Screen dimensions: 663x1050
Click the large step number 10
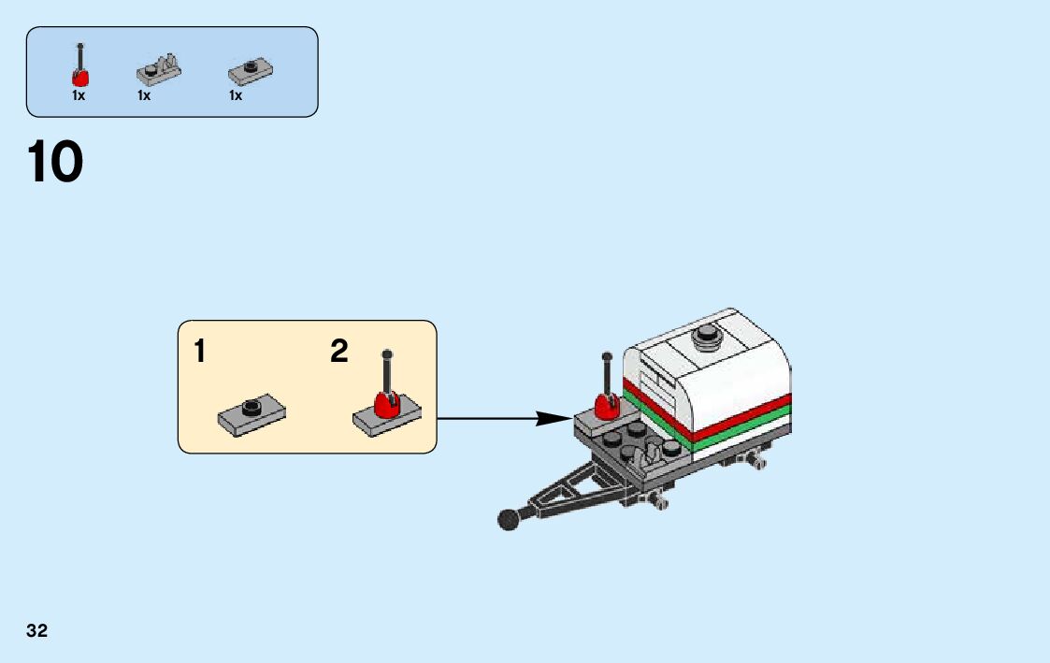point(56,163)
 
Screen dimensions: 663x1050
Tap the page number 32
point(37,630)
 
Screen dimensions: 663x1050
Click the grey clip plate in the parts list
point(159,70)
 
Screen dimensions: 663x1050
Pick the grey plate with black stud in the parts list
point(250,70)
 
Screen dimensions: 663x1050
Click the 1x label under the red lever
point(79,95)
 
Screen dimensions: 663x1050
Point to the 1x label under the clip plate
point(144,95)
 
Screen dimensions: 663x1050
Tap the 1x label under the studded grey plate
point(236,95)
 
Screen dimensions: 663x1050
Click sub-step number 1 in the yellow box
point(200,353)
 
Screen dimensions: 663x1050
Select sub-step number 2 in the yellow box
point(338,353)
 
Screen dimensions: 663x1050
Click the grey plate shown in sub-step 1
point(252,414)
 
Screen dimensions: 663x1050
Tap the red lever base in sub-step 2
point(387,404)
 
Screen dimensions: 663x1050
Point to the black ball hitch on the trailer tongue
point(509,519)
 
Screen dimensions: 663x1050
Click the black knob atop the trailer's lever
point(607,356)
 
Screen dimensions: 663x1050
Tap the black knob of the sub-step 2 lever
point(387,354)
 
